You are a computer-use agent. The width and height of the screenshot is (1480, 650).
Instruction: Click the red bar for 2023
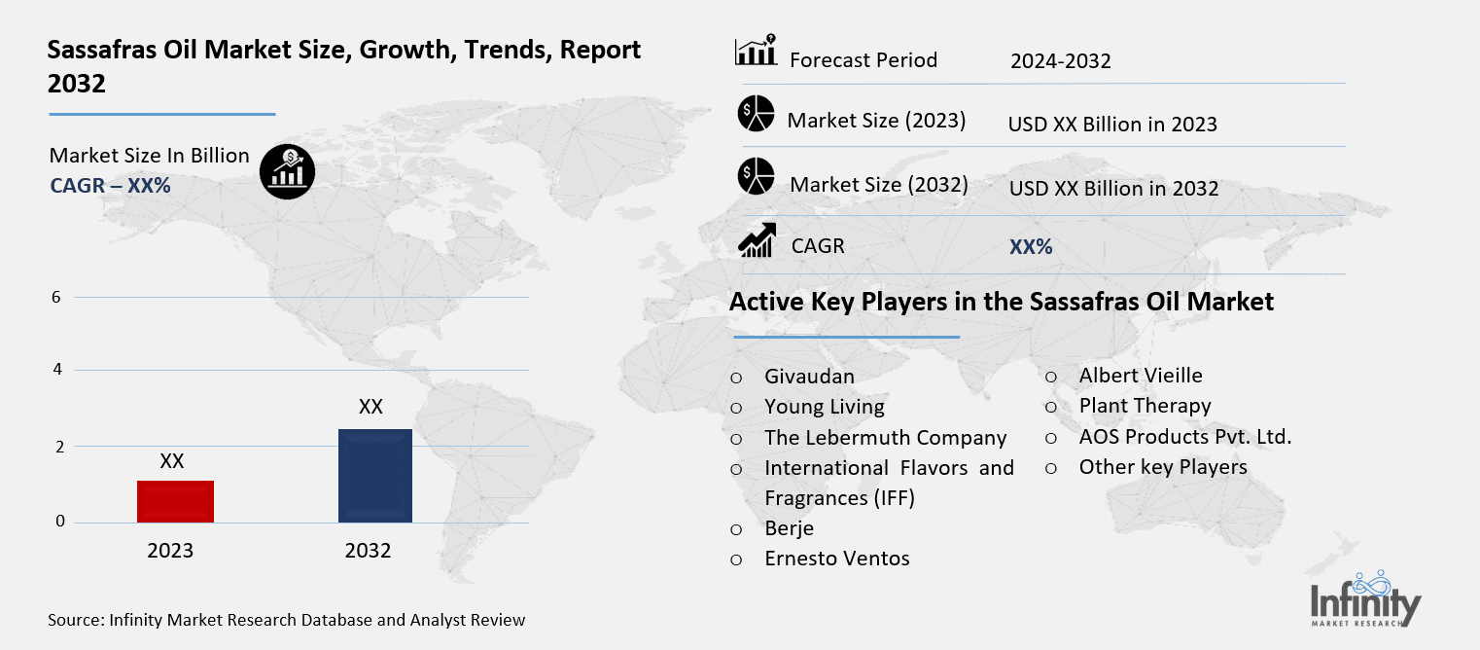point(176,501)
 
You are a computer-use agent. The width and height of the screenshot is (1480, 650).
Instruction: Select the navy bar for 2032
point(374,476)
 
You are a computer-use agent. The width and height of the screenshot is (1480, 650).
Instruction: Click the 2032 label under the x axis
point(368,551)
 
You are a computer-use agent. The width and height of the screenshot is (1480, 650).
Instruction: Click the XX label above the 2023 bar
point(172,461)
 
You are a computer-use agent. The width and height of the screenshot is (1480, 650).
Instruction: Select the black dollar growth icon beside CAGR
point(287,172)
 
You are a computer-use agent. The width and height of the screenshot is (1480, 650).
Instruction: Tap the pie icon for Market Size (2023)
point(756,114)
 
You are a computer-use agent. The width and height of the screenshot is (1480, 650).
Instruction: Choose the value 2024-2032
point(1060,61)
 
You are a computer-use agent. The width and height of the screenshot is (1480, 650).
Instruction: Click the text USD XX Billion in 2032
point(1113,189)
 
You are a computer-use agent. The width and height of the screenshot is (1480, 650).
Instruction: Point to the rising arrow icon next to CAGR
point(756,240)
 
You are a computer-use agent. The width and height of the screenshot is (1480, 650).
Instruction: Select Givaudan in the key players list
point(809,376)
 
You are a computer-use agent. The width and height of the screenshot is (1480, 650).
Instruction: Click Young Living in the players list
point(824,407)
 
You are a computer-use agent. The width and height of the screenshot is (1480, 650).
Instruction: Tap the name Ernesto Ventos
point(836,559)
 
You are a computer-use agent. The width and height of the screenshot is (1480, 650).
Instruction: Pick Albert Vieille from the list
point(1140,376)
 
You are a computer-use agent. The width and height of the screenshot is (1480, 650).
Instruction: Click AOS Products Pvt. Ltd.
point(1184,437)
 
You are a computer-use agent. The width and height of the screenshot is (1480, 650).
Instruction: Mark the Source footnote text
point(286,620)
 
